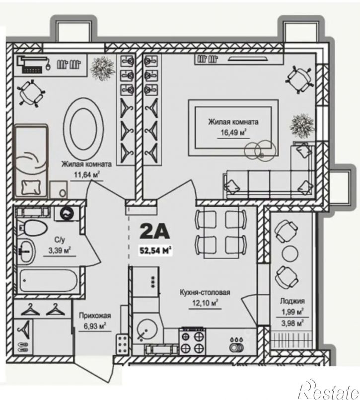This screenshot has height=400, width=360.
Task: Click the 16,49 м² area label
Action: point(233,133)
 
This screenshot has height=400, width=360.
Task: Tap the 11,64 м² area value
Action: point(86,175)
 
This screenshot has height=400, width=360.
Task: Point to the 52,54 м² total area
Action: point(155,250)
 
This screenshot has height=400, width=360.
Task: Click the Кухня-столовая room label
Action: point(205,292)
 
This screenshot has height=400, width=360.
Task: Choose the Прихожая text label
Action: point(95,316)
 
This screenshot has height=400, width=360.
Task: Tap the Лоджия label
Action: point(292,301)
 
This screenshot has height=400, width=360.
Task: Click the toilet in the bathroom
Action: point(33,228)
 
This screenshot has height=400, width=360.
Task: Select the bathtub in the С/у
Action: point(48,281)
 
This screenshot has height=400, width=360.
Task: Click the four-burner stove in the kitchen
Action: point(192,341)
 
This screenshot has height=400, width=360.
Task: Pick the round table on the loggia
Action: point(290,252)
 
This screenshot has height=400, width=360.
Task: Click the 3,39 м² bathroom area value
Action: point(60,250)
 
